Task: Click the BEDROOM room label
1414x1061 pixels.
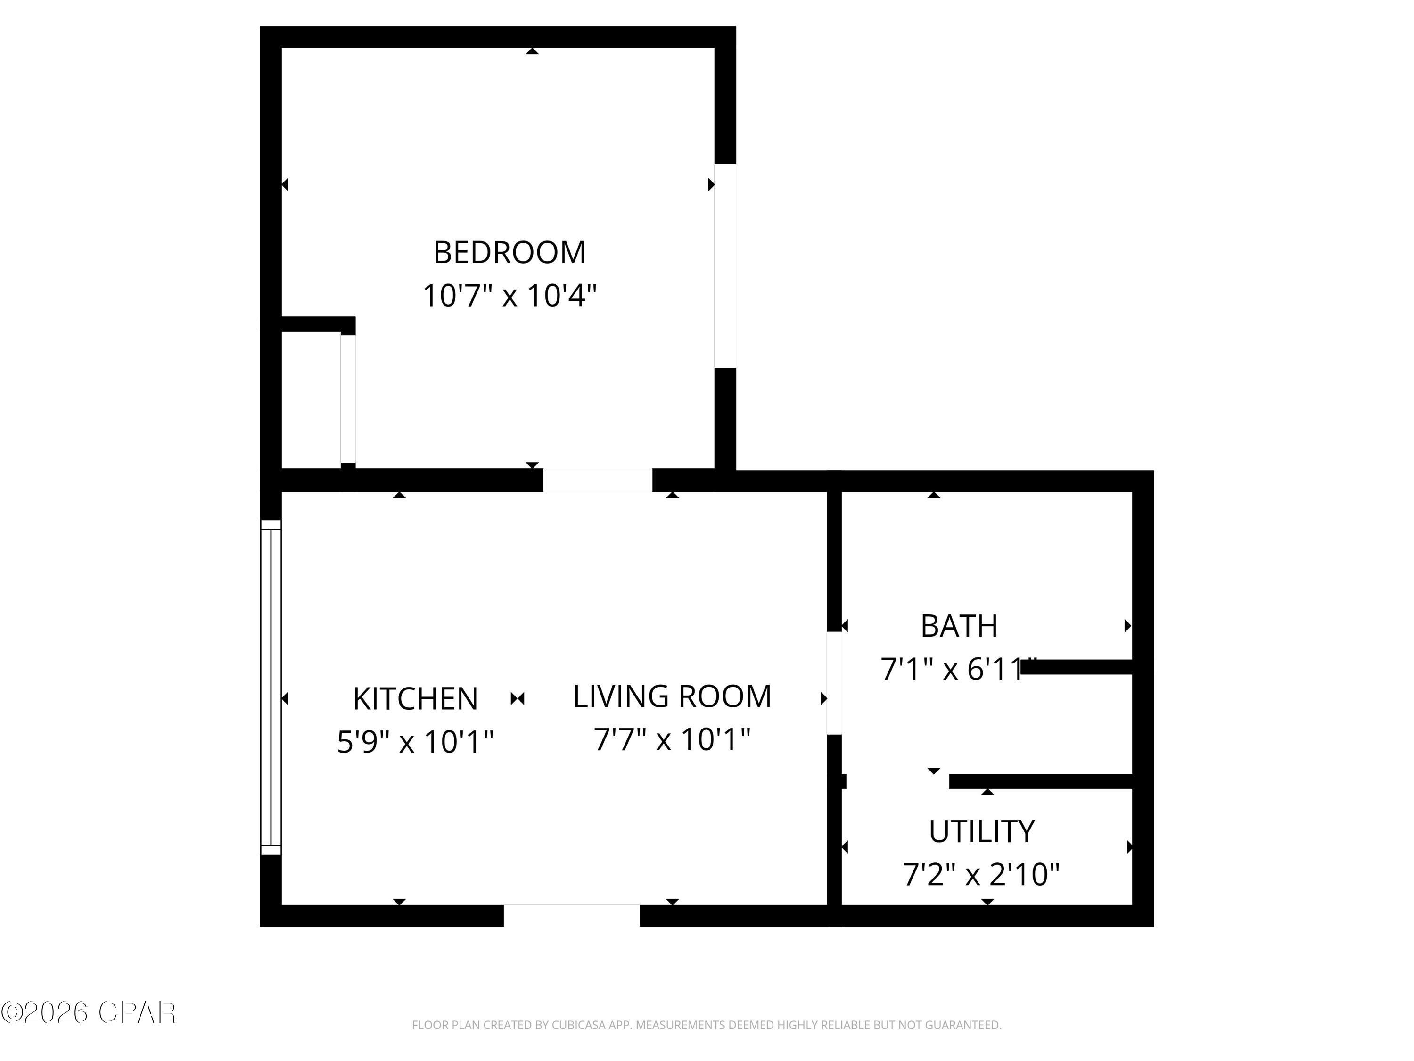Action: coord(510,253)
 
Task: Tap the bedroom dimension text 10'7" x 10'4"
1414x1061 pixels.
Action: coord(510,296)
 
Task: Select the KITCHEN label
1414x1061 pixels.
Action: coord(416,698)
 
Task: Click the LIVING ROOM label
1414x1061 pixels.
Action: coord(672,696)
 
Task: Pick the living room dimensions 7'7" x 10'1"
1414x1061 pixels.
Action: coord(672,740)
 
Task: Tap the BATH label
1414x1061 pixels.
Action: coord(959,626)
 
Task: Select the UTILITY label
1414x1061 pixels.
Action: coord(981,832)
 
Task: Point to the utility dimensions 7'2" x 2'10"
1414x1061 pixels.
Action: coord(981,875)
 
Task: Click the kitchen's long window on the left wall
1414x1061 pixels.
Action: coord(271,688)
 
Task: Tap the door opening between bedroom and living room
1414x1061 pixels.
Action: coord(598,481)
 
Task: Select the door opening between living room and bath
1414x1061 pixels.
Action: coord(834,683)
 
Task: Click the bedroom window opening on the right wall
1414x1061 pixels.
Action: coord(725,266)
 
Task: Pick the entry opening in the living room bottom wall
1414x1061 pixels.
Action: coord(571,915)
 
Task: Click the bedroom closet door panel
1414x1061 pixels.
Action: coord(348,398)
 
